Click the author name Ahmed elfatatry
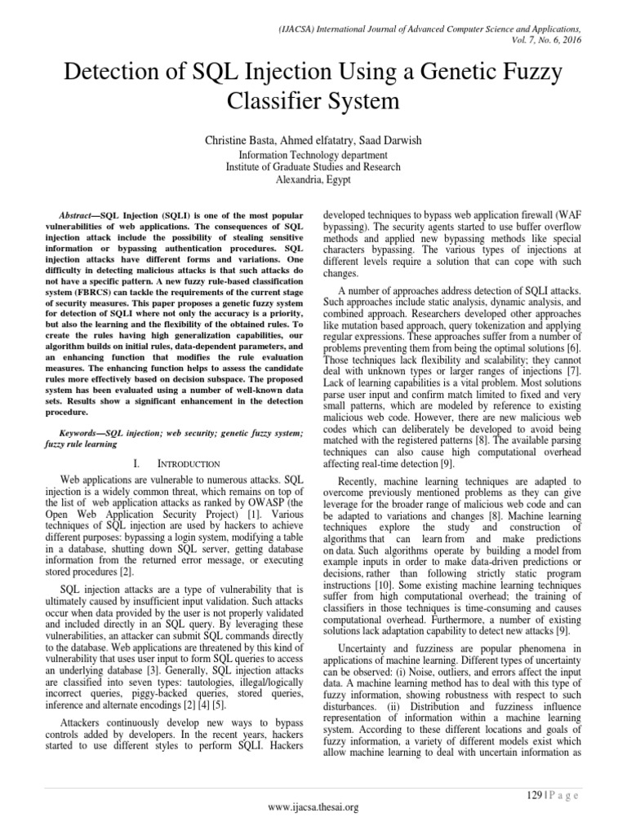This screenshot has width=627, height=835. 316,140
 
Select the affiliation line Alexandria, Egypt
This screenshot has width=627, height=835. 313,180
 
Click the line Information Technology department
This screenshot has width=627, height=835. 313,154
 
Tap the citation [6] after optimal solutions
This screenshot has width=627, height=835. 574,348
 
